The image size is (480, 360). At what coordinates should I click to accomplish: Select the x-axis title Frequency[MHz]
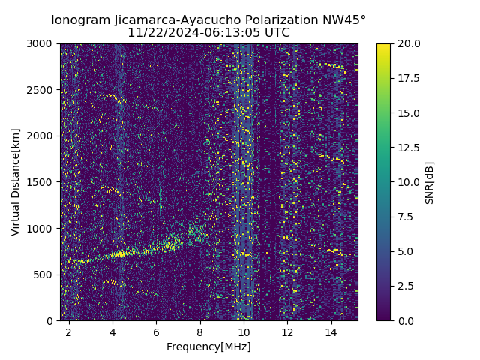click(x=208, y=346)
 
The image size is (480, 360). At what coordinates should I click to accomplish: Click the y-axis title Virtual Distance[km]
click(x=16, y=182)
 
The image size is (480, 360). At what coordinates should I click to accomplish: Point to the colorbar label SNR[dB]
click(x=430, y=182)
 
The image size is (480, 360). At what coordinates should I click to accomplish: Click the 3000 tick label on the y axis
click(x=42, y=43)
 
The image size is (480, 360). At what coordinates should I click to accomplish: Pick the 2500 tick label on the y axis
click(x=42, y=90)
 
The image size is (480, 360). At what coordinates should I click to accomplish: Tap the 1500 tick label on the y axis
click(x=42, y=182)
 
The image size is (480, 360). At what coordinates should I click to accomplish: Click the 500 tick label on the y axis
click(x=45, y=274)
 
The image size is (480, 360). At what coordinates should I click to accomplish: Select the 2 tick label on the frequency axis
click(x=69, y=331)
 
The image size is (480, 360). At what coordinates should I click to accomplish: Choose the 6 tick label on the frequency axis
click(x=156, y=331)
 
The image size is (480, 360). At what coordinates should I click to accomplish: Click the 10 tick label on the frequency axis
click(x=244, y=331)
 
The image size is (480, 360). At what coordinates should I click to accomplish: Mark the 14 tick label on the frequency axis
click(x=331, y=331)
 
